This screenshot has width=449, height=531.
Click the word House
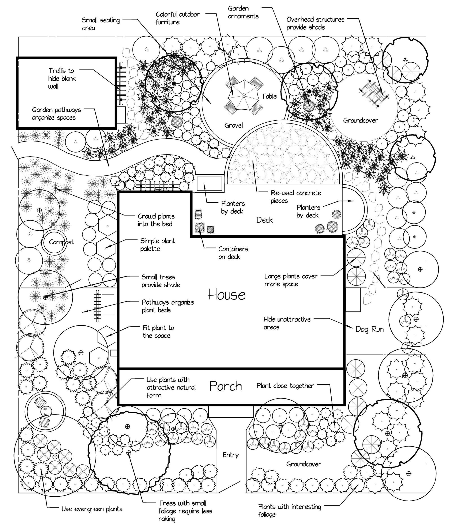(x=227, y=295)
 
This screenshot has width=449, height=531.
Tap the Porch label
(x=226, y=386)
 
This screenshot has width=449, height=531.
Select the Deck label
(x=264, y=220)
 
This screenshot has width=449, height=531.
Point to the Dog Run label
(x=369, y=329)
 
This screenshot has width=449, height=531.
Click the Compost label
(x=61, y=242)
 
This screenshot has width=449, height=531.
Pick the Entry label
(x=231, y=455)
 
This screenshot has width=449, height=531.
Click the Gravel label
(x=234, y=125)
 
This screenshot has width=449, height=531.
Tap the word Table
(x=269, y=96)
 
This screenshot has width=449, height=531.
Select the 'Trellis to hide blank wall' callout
(x=62, y=78)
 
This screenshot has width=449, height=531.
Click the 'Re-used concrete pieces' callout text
(x=295, y=197)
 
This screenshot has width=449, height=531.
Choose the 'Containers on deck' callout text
(x=233, y=253)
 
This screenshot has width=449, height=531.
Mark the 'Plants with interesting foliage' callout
(x=289, y=511)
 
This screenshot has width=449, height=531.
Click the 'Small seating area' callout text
(x=101, y=24)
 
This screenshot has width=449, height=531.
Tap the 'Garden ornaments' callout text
(x=243, y=12)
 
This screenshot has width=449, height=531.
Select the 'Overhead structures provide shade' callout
(x=315, y=23)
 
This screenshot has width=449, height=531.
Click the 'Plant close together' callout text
(x=285, y=386)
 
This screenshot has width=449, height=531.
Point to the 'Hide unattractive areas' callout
(x=287, y=323)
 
